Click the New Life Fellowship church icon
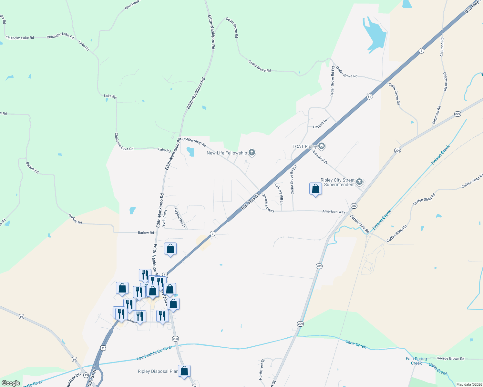pyautogui.click(x=252, y=153)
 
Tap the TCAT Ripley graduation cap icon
pyautogui.click(x=321, y=146)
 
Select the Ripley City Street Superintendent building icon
pyautogui.click(x=359, y=183)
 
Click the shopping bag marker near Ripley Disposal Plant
pyautogui.click(x=184, y=371)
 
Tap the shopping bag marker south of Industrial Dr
pyautogui.click(x=315, y=189)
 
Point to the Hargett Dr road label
pyautogui.click(x=320, y=124)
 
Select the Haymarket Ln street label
pyautogui.click(x=180, y=218)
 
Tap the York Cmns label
pyautogui.click(x=164, y=218)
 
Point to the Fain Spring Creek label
pyautogui.click(x=416, y=361)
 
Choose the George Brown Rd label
pyautogui.click(x=450, y=358)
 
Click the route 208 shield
pyautogui.click(x=175, y=339)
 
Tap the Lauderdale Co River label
pyautogui.click(x=154, y=353)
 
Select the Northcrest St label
pyautogui.click(x=262, y=369)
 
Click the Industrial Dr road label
pyautogui.click(x=320, y=157)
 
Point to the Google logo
pyautogui.click(x=11, y=383)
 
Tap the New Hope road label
pyautogui.click(x=132, y=5)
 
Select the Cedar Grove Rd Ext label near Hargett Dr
pyautogui.click(x=332, y=81)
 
